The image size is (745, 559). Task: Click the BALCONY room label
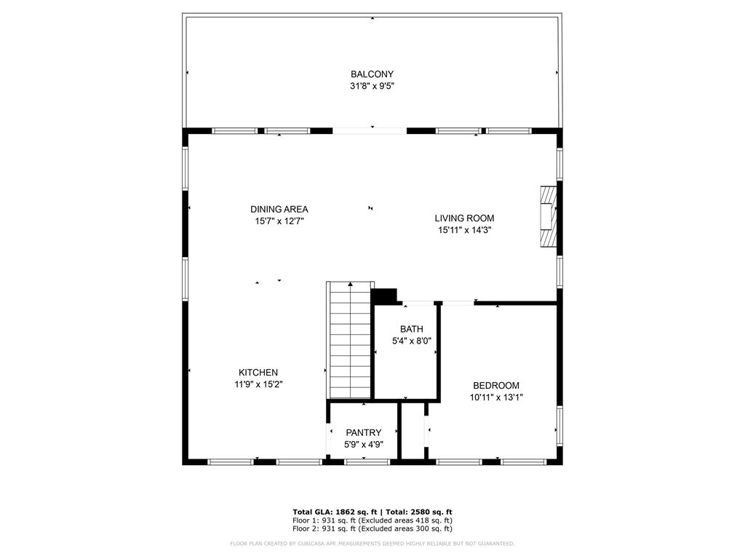point(372,74)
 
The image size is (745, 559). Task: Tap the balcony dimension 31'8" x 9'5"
point(372,86)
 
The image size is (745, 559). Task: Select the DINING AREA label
point(279,209)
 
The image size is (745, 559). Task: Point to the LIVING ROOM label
point(464,218)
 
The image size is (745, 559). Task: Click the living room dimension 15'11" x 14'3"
point(464,230)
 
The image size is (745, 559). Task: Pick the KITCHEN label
point(258,373)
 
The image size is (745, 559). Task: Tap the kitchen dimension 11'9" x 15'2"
point(258,384)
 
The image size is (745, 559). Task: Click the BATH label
point(412,329)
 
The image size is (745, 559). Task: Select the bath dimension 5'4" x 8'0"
point(412,341)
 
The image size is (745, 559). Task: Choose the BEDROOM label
point(496,386)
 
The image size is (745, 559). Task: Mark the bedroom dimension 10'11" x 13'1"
point(496,397)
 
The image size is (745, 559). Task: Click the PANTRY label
point(364,432)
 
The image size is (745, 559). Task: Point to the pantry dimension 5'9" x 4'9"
point(364,445)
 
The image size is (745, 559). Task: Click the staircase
point(350,340)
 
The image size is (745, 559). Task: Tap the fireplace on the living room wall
point(549,215)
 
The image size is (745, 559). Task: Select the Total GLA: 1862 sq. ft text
point(335,512)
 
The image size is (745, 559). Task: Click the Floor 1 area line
point(372,520)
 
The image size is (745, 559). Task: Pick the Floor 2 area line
point(372,528)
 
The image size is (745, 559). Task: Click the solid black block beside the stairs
point(384,296)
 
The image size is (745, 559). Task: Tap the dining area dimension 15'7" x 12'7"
point(279,221)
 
